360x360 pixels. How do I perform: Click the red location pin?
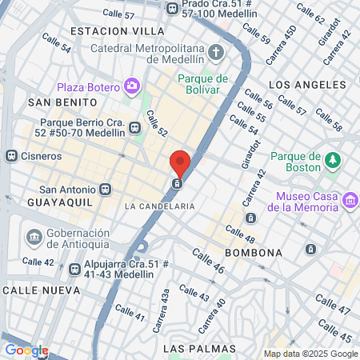[x=180, y=162]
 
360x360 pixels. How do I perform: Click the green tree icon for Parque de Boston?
[x=332, y=162]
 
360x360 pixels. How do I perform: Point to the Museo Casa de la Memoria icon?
[x=350, y=199]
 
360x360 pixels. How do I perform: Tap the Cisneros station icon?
[x=11, y=156]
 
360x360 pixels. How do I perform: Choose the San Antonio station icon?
[x=106, y=190]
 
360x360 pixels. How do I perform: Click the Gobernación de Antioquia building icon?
[x=34, y=237]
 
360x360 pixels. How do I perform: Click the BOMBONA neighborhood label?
[x=254, y=253]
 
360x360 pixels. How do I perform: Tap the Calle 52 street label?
[x=157, y=123]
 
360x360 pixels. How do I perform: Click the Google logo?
[x=26, y=350]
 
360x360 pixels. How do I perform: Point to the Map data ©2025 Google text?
[x=311, y=354]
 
